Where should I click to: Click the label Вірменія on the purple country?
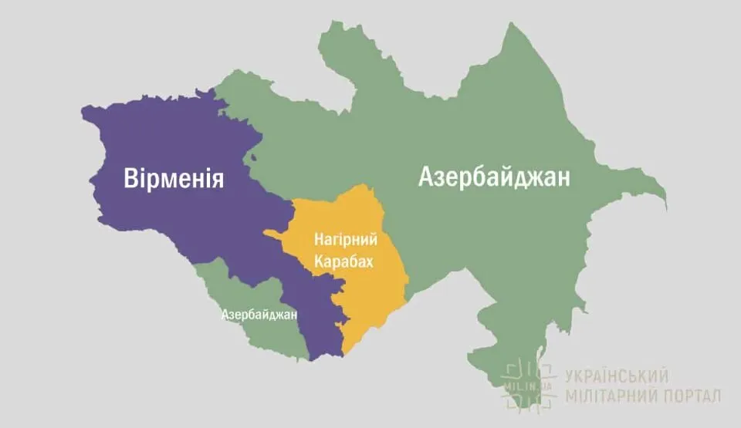174,179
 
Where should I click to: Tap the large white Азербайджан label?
495,177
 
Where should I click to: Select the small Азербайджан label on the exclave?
259,315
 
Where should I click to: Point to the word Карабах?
343,262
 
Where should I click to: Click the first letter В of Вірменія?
131,179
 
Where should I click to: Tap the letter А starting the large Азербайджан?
427,177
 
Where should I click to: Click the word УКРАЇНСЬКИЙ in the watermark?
616,376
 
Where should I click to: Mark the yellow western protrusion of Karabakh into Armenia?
274,232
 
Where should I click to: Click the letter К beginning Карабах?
317,262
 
